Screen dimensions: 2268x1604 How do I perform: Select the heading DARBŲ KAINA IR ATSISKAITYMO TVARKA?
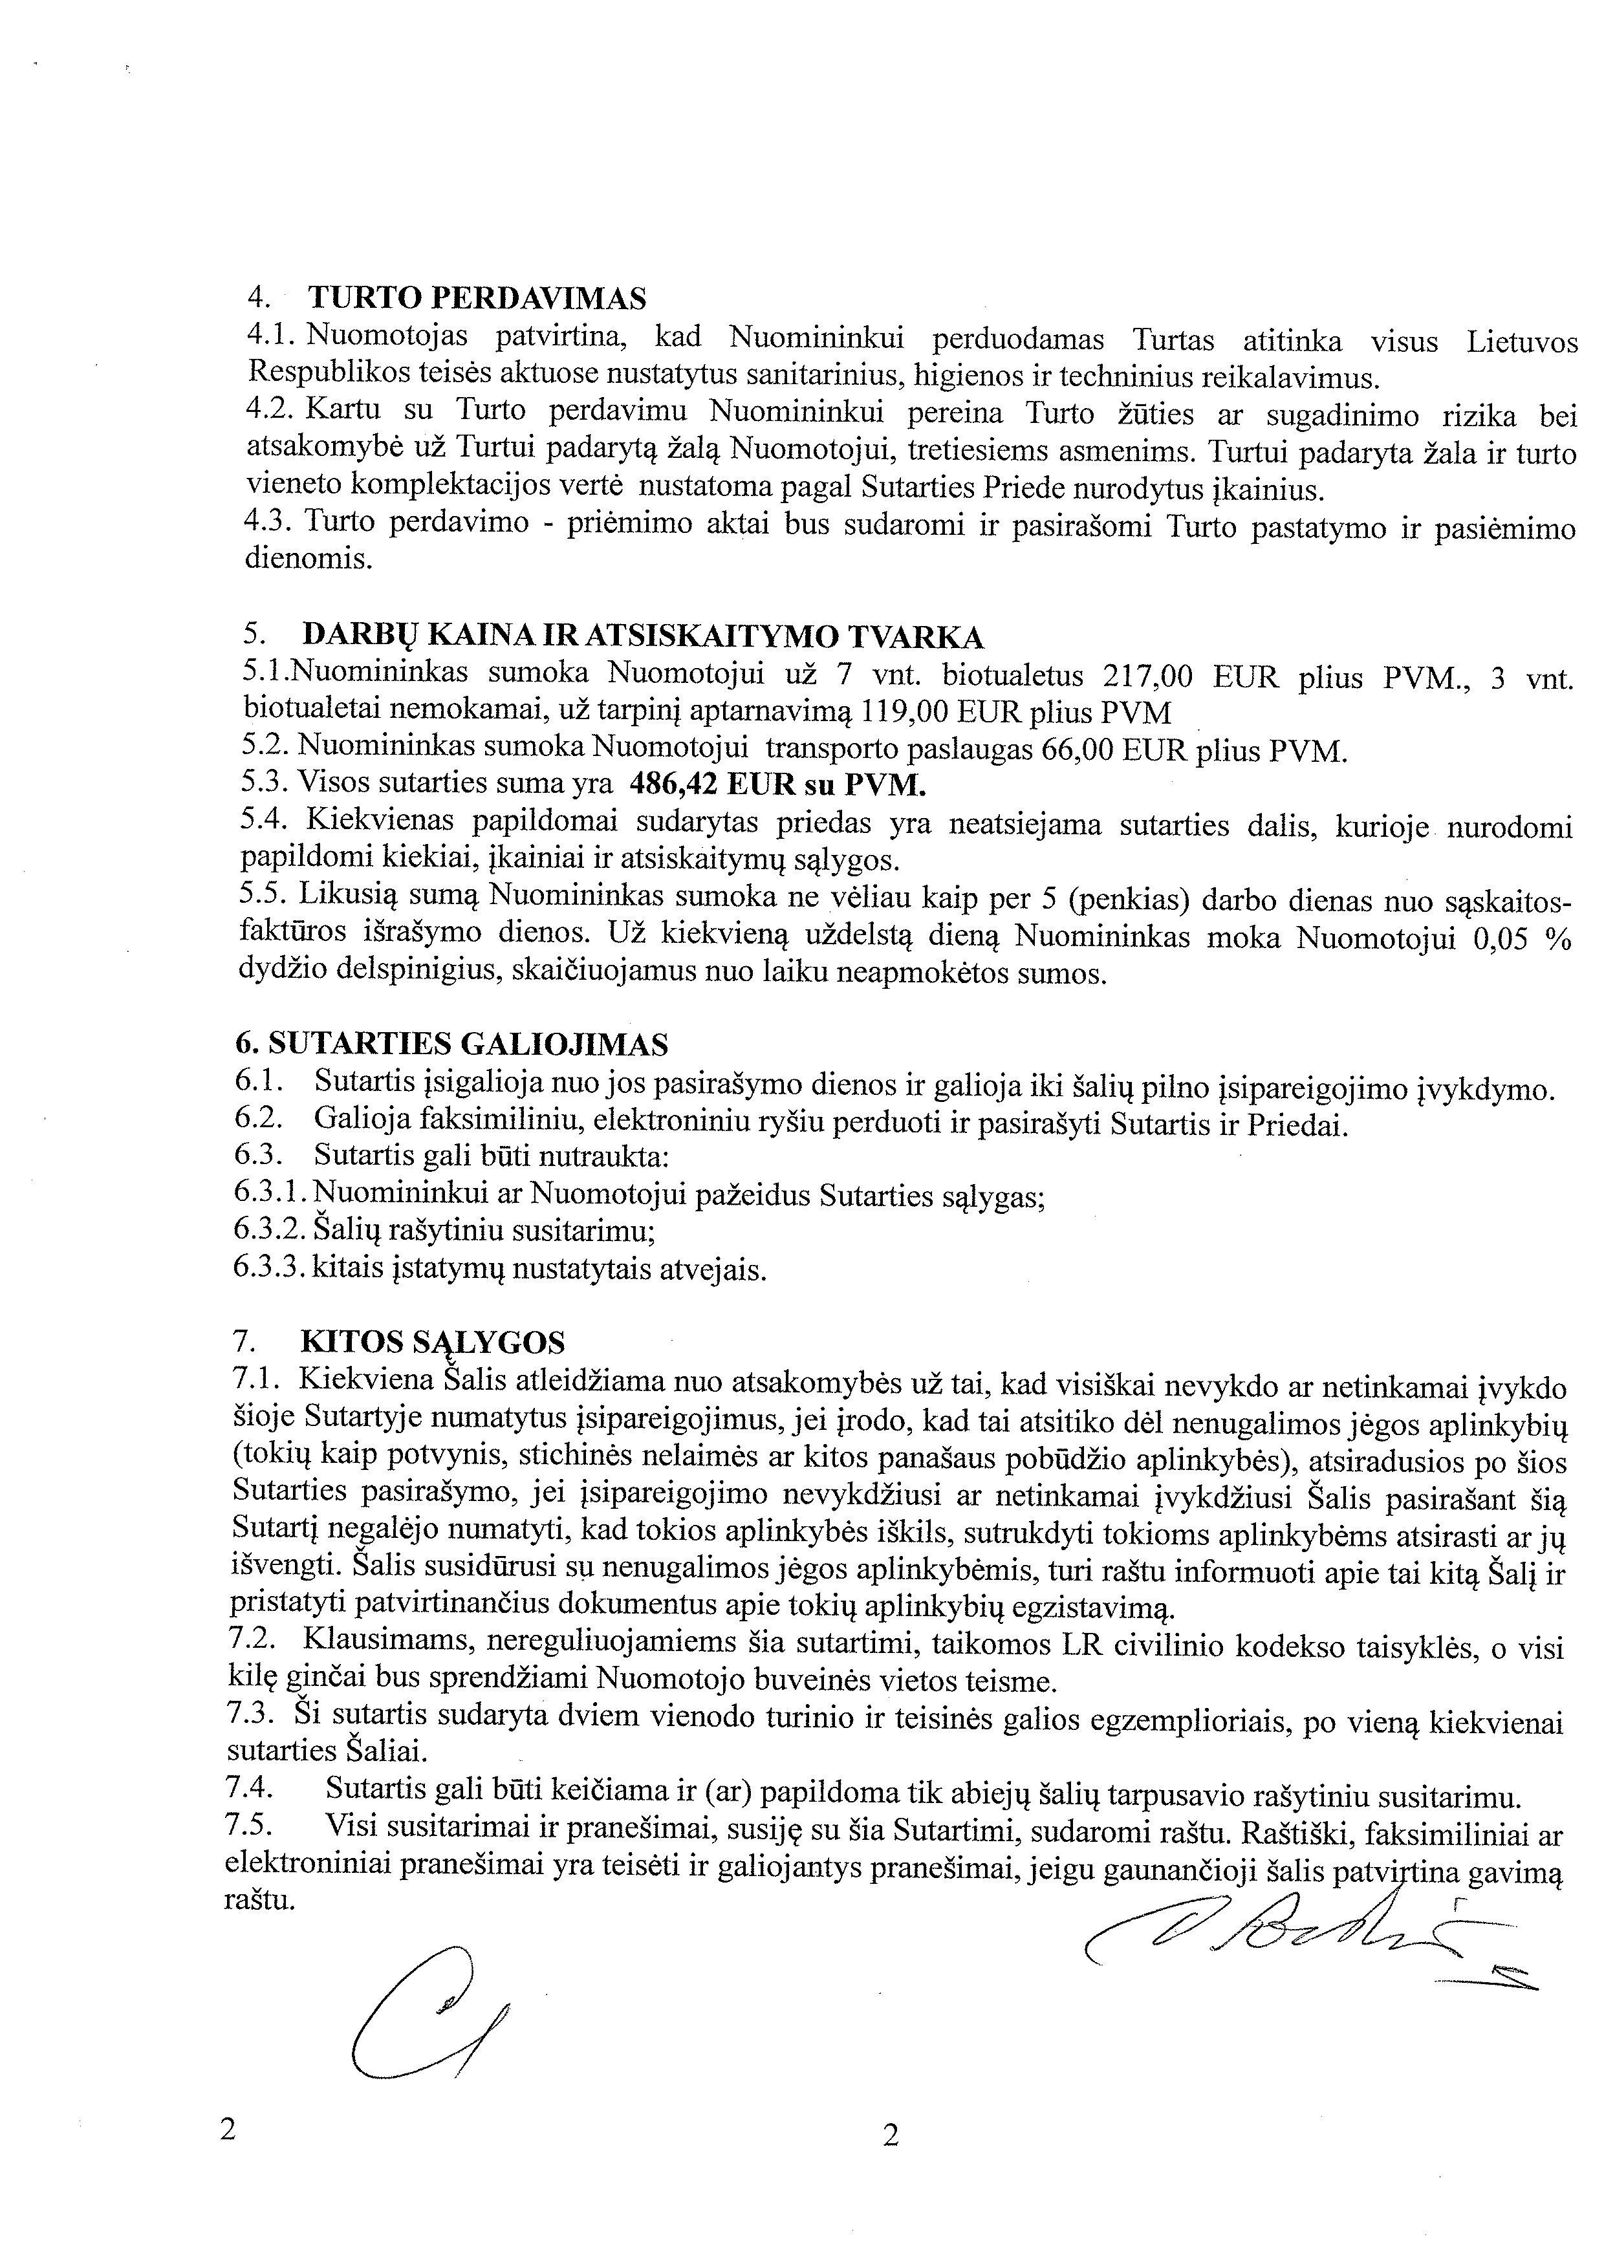click(x=642, y=635)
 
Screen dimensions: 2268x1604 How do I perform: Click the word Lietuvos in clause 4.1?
click(x=1522, y=341)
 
